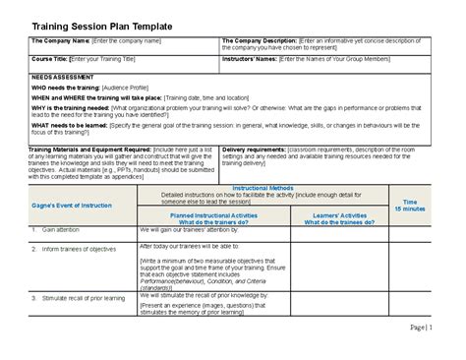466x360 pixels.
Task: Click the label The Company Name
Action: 60,41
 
